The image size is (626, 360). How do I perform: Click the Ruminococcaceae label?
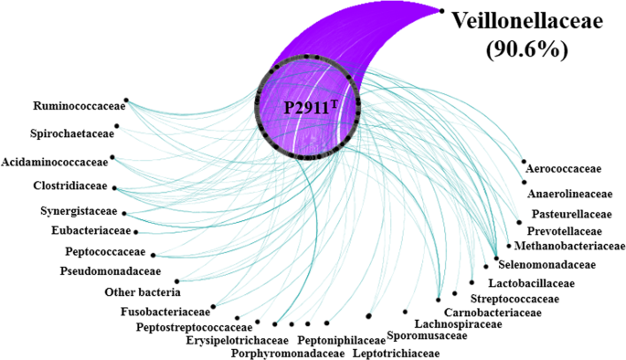point(78,105)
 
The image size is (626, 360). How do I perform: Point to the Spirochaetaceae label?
point(72,132)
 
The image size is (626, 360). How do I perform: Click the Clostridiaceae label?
point(66,187)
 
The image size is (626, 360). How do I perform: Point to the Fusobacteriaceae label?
point(164,312)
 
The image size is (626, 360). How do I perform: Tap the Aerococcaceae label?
point(563,169)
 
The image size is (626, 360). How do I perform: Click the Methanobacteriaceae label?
point(570,246)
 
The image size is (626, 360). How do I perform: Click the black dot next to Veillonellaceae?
point(442,11)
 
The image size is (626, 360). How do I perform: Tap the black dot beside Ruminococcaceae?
point(126,101)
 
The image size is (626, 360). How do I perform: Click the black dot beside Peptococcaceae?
point(154,255)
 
